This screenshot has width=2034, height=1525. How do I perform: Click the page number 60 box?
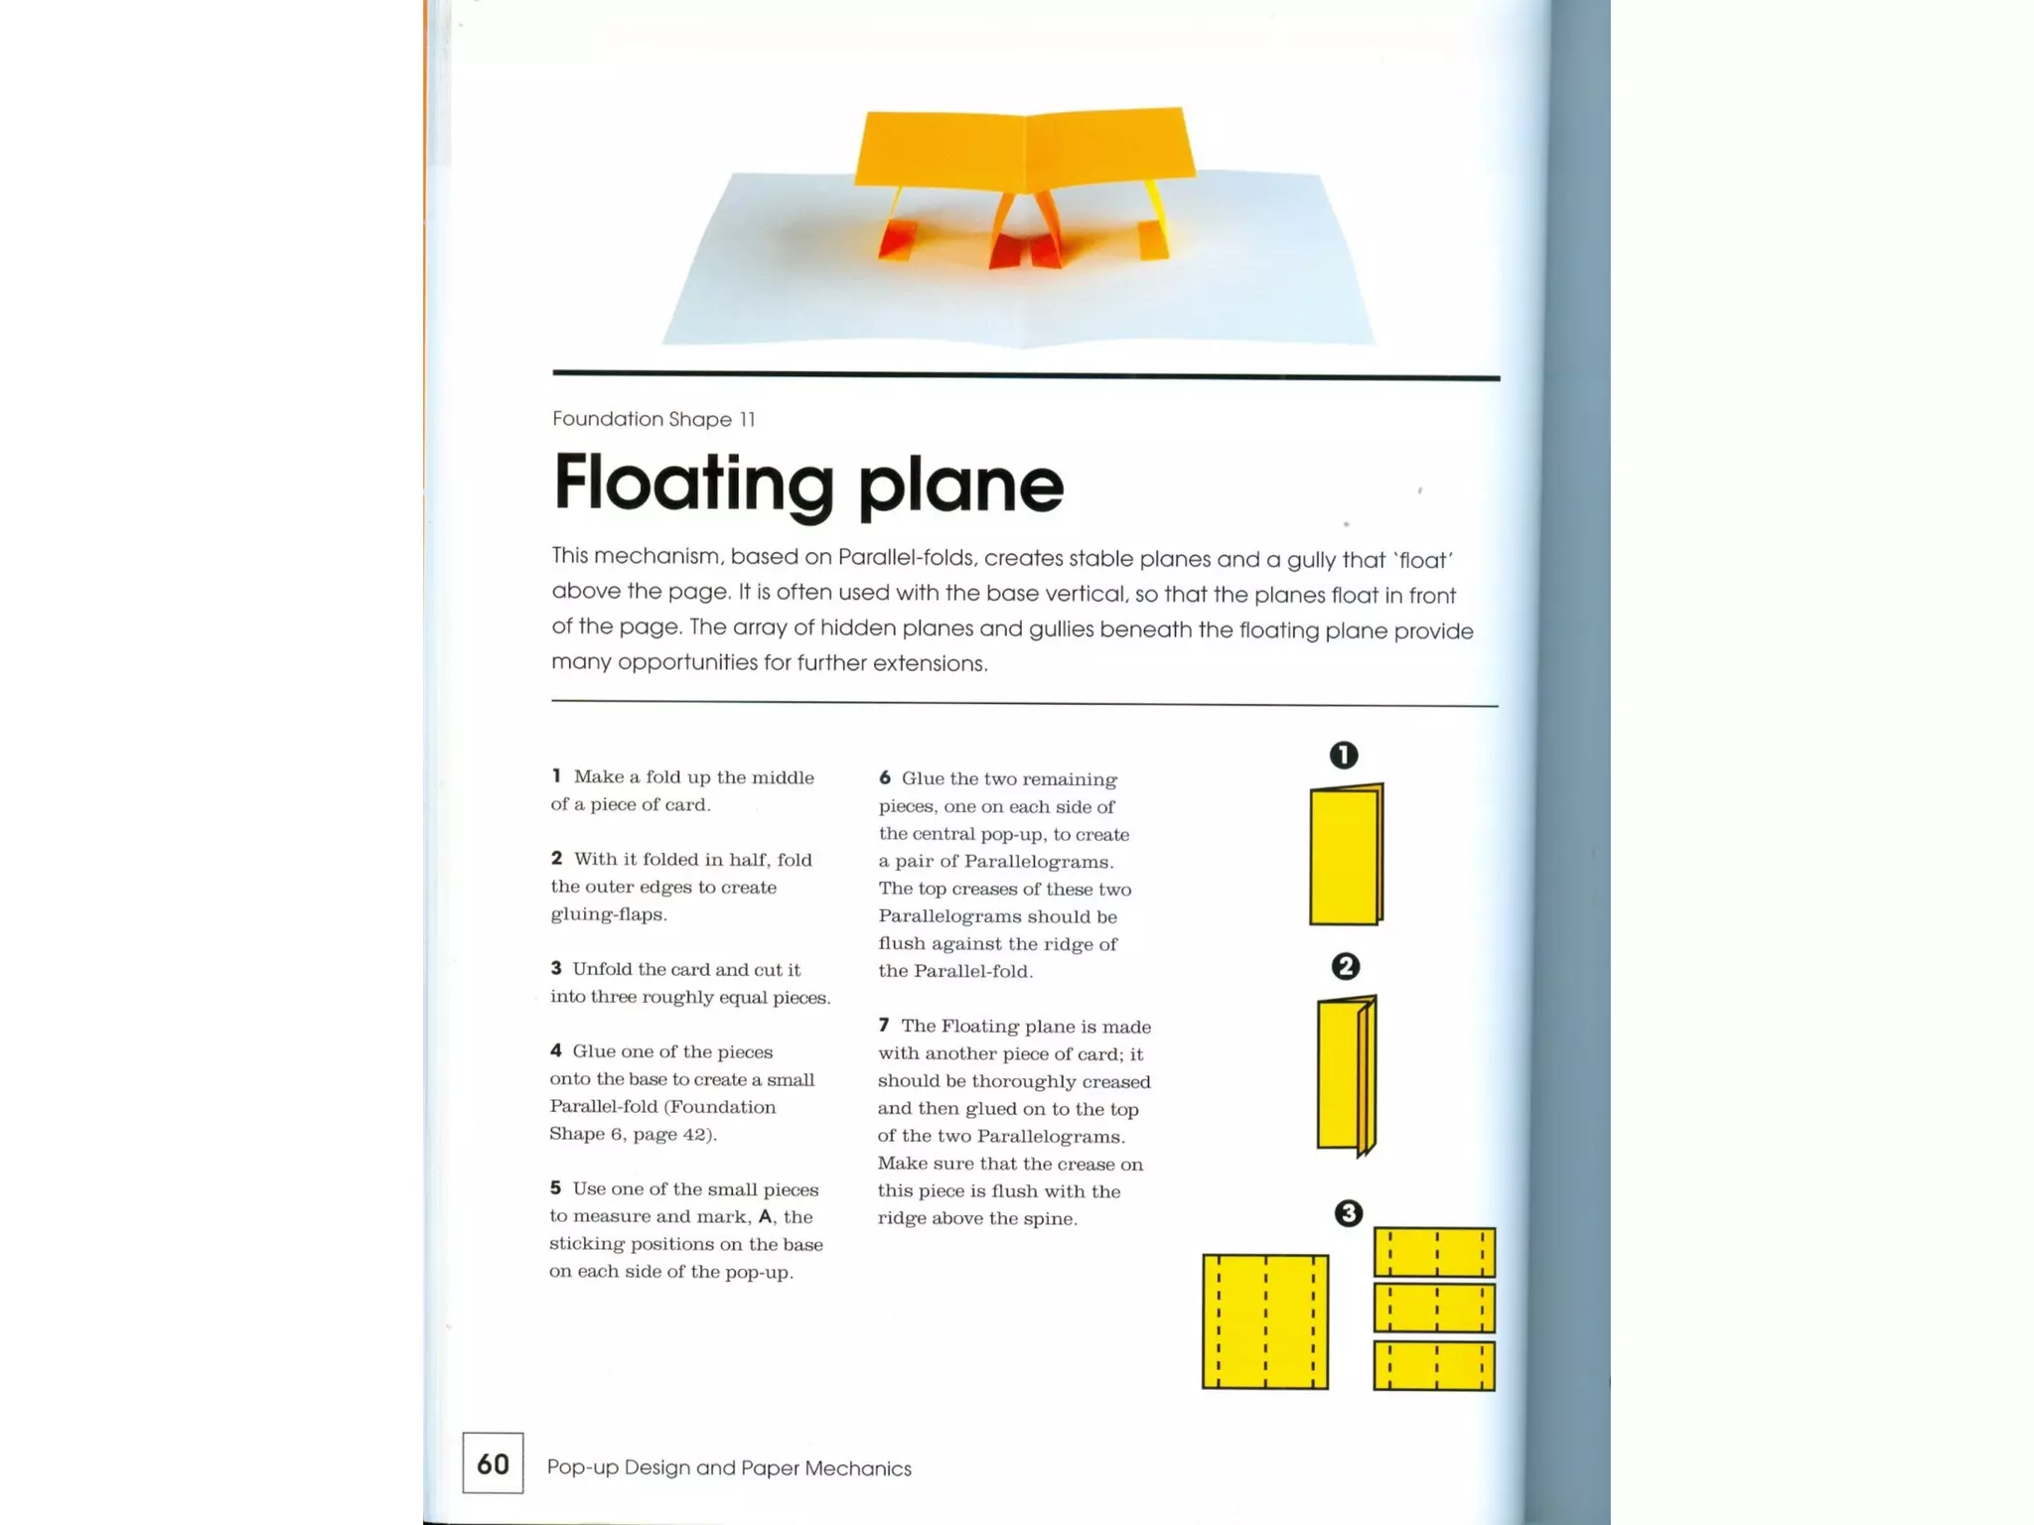tap(493, 1462)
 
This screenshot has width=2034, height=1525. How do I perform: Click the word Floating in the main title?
tap(693, 485)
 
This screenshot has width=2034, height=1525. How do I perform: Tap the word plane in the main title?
tap(959, 486)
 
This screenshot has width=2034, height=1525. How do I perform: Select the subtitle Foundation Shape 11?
tap(654, 419)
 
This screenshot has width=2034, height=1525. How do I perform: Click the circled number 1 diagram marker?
tap(1343, 756)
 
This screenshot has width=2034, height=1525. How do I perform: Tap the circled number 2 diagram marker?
tap(1345, 966)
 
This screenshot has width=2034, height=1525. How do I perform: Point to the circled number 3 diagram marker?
tap(1348, 1213)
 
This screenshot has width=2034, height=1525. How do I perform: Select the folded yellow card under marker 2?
tap(1345, 1074)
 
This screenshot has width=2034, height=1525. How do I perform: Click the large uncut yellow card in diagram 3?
tap(1264, 1321)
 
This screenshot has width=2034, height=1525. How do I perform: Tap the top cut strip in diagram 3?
tap(1434, 1252)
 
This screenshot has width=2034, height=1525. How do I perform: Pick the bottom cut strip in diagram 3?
tap(1434, 1366)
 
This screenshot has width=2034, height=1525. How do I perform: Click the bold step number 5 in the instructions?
tap(555, 1188)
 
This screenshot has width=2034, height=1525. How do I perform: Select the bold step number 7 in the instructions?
tap(883, 1025)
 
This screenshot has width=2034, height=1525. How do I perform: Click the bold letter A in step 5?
tap(765, 1216)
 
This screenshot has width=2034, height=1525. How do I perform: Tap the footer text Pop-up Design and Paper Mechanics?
tap(729, 1467)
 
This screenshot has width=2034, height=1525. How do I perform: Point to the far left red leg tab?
tap(897, 241)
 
